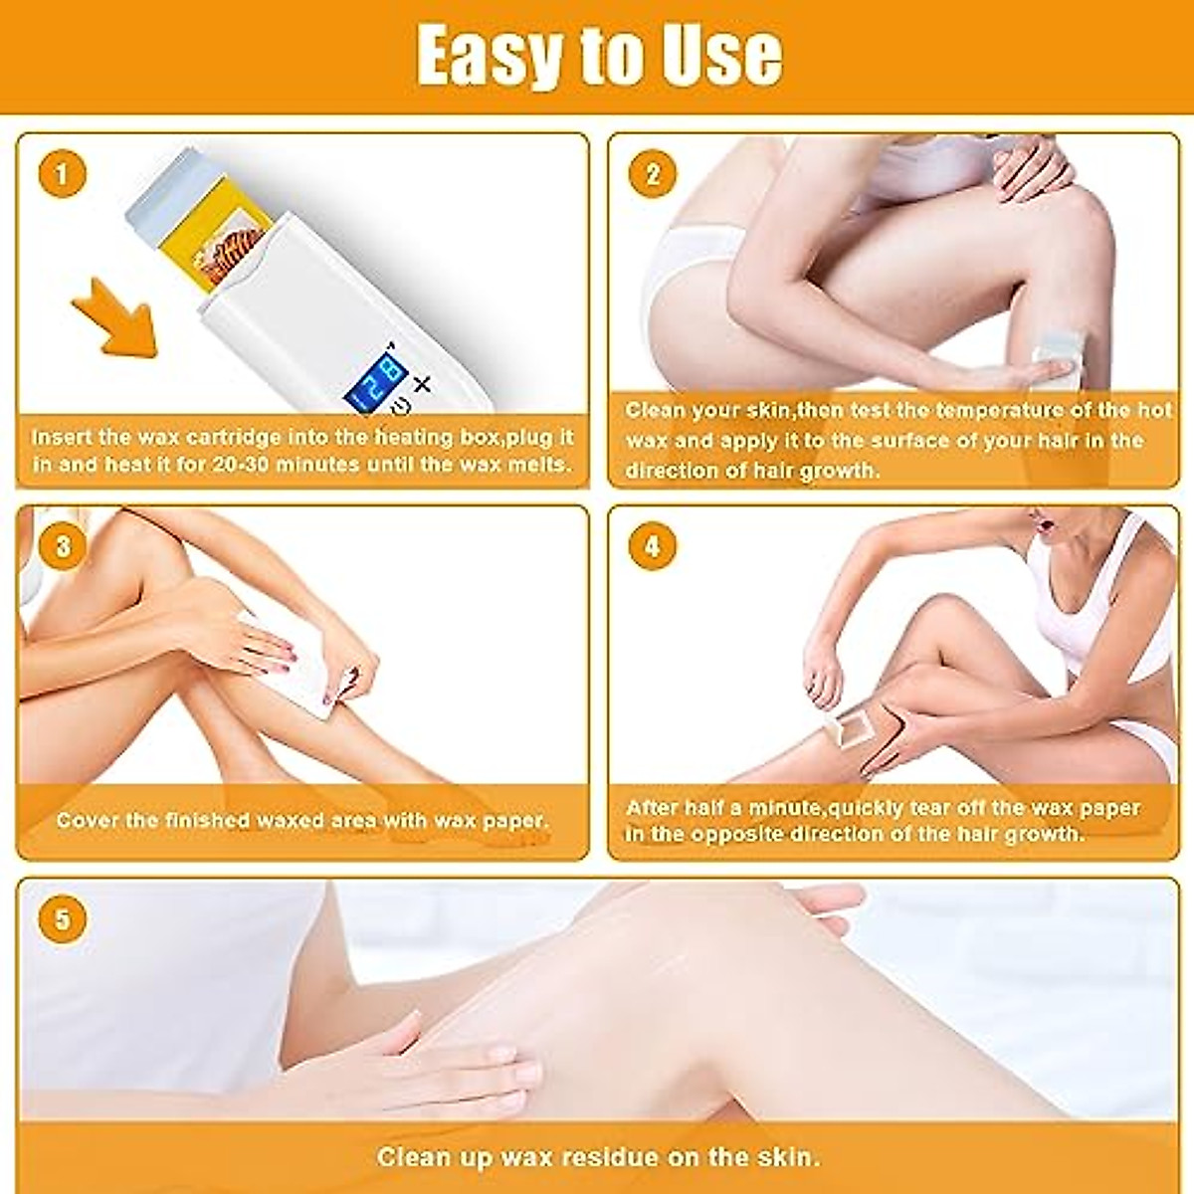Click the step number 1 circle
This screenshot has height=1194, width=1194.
[x=63, y=175]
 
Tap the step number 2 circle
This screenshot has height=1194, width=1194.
[x=653, y=175]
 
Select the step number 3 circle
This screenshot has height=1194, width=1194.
[x=63, y=546]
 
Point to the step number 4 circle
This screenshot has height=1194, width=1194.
[x=653, y=546]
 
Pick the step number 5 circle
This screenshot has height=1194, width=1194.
[x=63, y=918]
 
